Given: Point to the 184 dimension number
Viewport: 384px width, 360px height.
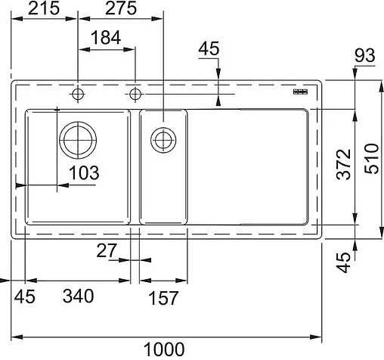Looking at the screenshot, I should pyautogui.click(x=107, y=38).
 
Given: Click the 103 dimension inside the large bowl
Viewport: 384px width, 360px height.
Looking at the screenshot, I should pyautogui.click(x=83, y=172).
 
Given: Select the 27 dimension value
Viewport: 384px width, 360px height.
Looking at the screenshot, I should pyautogui.click(x=106, y=250).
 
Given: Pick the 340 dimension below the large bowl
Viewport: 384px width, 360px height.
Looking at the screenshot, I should pyautogui.click(x=78, y=297).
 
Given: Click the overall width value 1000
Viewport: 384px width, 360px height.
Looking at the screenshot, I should pyautogui.click(x=164, y=349).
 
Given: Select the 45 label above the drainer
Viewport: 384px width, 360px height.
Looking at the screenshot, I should pyautogui.click(x=208, y=50).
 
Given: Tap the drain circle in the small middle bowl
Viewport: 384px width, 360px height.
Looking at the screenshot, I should pyautogui.click(x=162, y=139).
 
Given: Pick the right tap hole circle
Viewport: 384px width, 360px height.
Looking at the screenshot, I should pyautogui.click(x=135, y=95).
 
